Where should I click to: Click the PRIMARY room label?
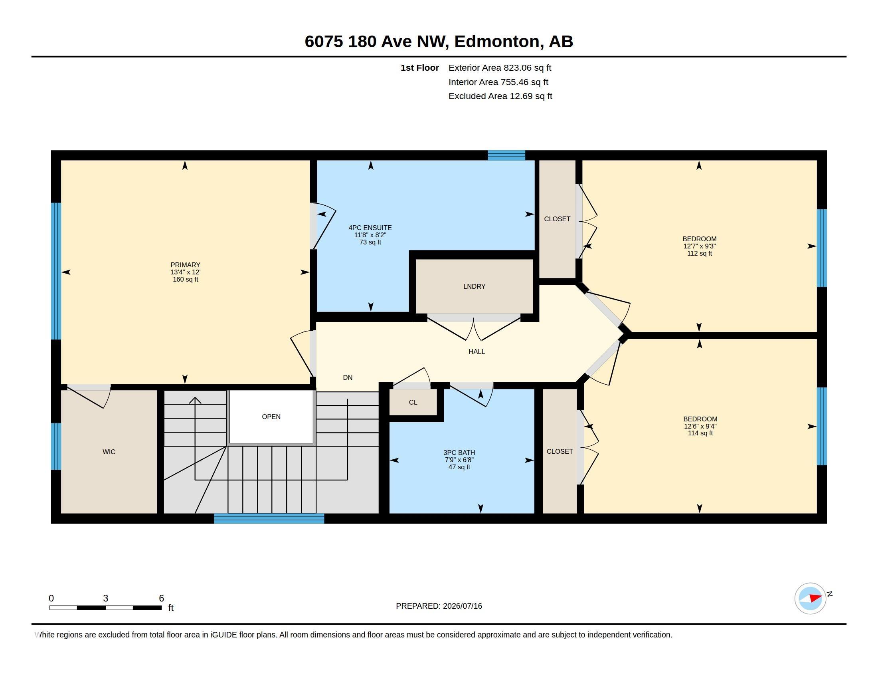click(x=185, y=265)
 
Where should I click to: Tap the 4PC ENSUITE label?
click(x=370, y=228)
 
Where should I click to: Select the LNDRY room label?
click(x=475, y=286)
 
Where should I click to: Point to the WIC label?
click(x=109, y=452)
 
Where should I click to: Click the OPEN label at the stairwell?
click(x=271, y=417)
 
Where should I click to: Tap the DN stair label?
click(x=348, y=377)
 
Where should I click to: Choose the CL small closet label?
click(x=413, y=402)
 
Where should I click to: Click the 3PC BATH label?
click(x=459, y=453)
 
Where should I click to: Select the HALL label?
click(x=477, y=351)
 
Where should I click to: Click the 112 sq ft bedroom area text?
click(x=700, y=253)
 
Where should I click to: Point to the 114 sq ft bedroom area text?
click(x=700, y=433)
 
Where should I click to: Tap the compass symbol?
click(x=811, y=598)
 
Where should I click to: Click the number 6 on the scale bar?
click(x=161, y=598)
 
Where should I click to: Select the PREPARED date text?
click(x=439, y=606)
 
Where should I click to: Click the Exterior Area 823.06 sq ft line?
click(x=500, y=68)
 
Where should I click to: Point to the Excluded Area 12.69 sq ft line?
click(x=500, y=96)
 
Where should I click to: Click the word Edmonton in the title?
click(x=497, y=42)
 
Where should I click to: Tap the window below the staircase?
click(x=269, y=518)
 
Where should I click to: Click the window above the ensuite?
click(x=506, y=155)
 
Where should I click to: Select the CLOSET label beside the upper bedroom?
click(x=557, y=219)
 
